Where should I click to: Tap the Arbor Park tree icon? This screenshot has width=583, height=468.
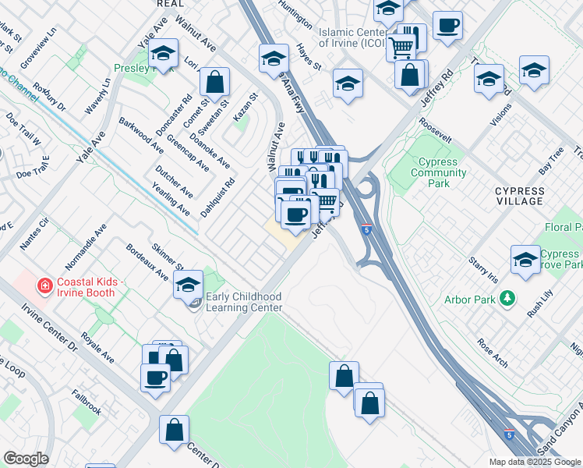pos(508,298)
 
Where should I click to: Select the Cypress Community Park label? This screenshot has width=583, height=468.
pos(438,173)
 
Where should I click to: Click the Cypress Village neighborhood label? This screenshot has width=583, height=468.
pos(519,196)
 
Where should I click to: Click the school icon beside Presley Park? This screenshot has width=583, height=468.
pos(163,55)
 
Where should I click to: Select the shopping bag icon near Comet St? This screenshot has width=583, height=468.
pos(214,81)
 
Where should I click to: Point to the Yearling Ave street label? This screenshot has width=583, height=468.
pos(172,200)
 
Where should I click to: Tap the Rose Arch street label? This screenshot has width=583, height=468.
pos(493,353)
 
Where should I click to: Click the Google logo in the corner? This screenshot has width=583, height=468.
pos(26,459)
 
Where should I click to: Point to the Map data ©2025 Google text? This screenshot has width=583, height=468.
pos(535,462)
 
